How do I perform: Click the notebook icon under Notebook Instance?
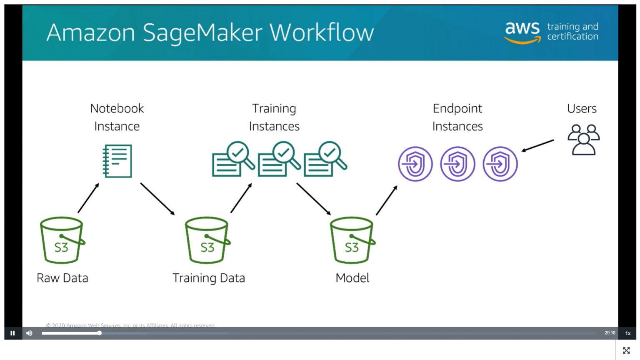tap(117, 161)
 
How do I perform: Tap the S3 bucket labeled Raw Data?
tap(62, 240)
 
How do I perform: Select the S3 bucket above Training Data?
tap(207, 240)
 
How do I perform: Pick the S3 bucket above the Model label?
tap(352, 240)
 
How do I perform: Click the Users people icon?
tap(583, 140)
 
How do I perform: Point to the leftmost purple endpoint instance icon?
tap(415, 164)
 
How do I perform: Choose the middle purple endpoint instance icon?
tap(457, 164)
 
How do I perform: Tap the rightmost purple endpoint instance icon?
tap(500, 164)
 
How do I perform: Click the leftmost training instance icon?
tap(233, 160)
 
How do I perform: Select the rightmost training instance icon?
tap(325, 160)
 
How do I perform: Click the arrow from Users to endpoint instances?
tap(537, 146)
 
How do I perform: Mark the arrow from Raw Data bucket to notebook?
tap(88, 198)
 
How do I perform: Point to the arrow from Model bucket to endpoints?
tap(387, 200)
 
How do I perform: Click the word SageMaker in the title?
tap(203, 32)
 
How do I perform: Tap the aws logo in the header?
tap(522, 32)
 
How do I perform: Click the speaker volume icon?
tap(29, 333)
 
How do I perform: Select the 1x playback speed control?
tap(627, 333)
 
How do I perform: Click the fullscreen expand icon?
tap(626, 350)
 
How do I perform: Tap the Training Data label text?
tap(209, 278)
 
